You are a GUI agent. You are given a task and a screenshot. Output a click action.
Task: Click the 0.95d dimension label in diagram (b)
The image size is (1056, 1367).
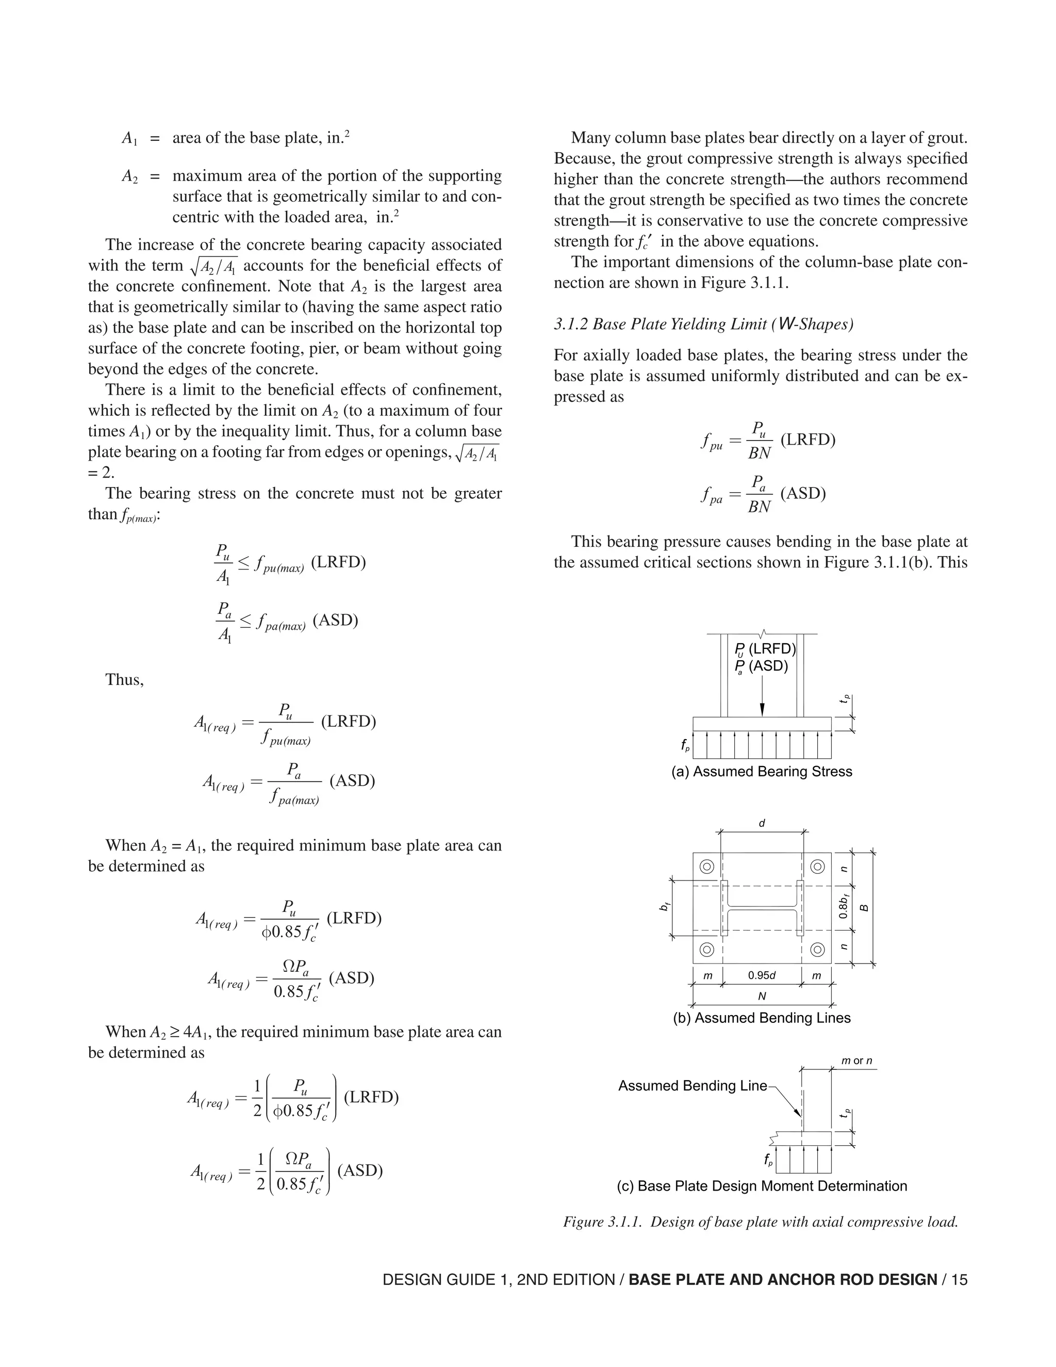click(x=762, y=975)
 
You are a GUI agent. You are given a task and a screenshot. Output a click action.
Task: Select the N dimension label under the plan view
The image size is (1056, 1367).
click(x=762, y=996)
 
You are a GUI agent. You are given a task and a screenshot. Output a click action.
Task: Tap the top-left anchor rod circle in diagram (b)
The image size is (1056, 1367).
click(x=707, y=867)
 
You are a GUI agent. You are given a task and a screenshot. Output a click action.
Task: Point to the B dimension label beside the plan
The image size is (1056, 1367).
click(x=865, y=907)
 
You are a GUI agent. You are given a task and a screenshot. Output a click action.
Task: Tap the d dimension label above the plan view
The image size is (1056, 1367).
click(x=762, y=823)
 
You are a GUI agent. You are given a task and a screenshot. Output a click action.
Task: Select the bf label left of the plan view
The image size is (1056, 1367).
click(x=664, y=906)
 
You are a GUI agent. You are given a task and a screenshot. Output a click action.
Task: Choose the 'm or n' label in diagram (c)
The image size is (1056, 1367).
click(x=856, y=1060)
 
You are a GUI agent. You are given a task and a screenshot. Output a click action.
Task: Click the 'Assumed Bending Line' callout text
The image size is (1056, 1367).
click(x=692, y=1085)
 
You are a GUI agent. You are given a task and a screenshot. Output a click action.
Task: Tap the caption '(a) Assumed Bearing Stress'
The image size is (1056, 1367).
click(x=762, y=771)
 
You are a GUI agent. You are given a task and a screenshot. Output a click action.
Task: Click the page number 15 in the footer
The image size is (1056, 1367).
click(x=960, y=1279)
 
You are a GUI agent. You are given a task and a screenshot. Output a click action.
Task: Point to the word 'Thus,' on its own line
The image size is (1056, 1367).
click(x=124, y=679)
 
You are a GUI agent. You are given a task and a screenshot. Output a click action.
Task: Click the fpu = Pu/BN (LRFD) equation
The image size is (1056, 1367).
click(x=768, y=440)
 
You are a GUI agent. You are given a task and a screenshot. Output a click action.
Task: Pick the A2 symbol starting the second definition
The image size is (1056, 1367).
click(x=129, y=176)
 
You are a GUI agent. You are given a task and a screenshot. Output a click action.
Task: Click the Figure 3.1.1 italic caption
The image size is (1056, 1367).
click(x=761, y=1221)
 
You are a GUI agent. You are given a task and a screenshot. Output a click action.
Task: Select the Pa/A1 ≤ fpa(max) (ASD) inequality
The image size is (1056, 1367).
click(x=287, y=622)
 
